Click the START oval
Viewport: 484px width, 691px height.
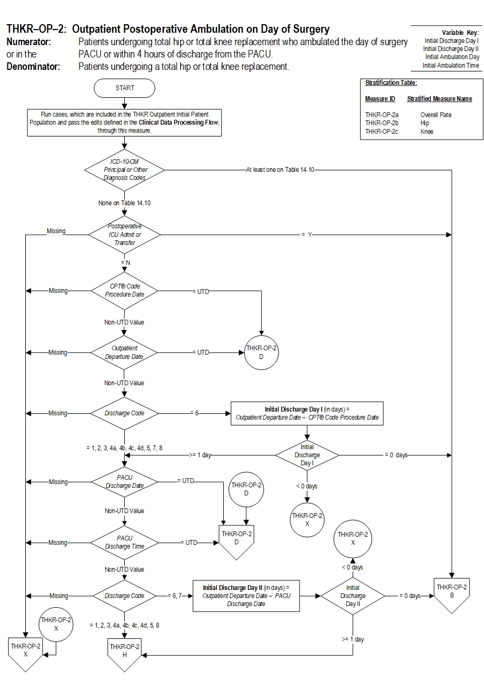point(124,88)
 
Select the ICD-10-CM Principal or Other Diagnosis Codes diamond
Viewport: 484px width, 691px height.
point(124,170)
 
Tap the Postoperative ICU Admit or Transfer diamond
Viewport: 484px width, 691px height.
point(124,235)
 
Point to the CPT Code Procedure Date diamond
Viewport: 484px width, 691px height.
point(124,291)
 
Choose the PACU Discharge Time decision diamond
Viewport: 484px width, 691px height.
point(124,542)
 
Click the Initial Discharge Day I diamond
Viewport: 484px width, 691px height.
point(307,455)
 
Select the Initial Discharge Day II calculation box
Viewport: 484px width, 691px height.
point(246,596)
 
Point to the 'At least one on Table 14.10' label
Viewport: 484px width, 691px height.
point(280,170)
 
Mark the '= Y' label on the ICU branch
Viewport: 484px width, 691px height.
point(307,235)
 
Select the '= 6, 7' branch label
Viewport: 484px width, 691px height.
point(176,596)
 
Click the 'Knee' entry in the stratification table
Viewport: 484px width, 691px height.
point(427,132)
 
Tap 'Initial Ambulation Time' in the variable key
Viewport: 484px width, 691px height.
point(451,66)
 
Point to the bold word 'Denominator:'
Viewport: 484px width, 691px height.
point(33,67)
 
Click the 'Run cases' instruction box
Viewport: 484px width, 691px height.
point(124,123)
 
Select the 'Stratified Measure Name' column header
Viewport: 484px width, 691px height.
point(439,99)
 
